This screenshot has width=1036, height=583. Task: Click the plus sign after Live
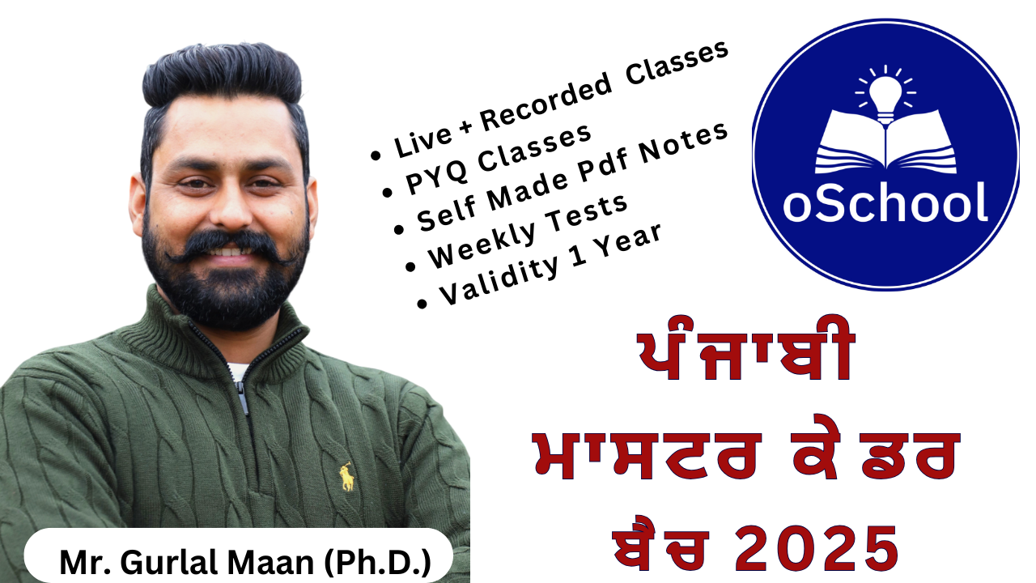pyautogui.click(x=465, y=127)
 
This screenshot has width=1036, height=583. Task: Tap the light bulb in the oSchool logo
pyautogui.click(x=885, y=96)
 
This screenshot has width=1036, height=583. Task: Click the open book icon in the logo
pyautogui.click(x=885, y=142)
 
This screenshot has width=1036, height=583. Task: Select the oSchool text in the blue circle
pyautogui.click(x=885, y=202)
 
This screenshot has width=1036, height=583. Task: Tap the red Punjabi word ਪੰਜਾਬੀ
pyautogui.click(x=745, y=348)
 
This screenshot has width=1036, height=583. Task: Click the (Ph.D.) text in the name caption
pyautogui.click(x=377, y=562)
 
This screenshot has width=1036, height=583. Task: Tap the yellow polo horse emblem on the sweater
pyautogui.click(x=347, y=477)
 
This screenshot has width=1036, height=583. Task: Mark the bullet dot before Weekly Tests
pyautogui.click(x=410, y=266)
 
